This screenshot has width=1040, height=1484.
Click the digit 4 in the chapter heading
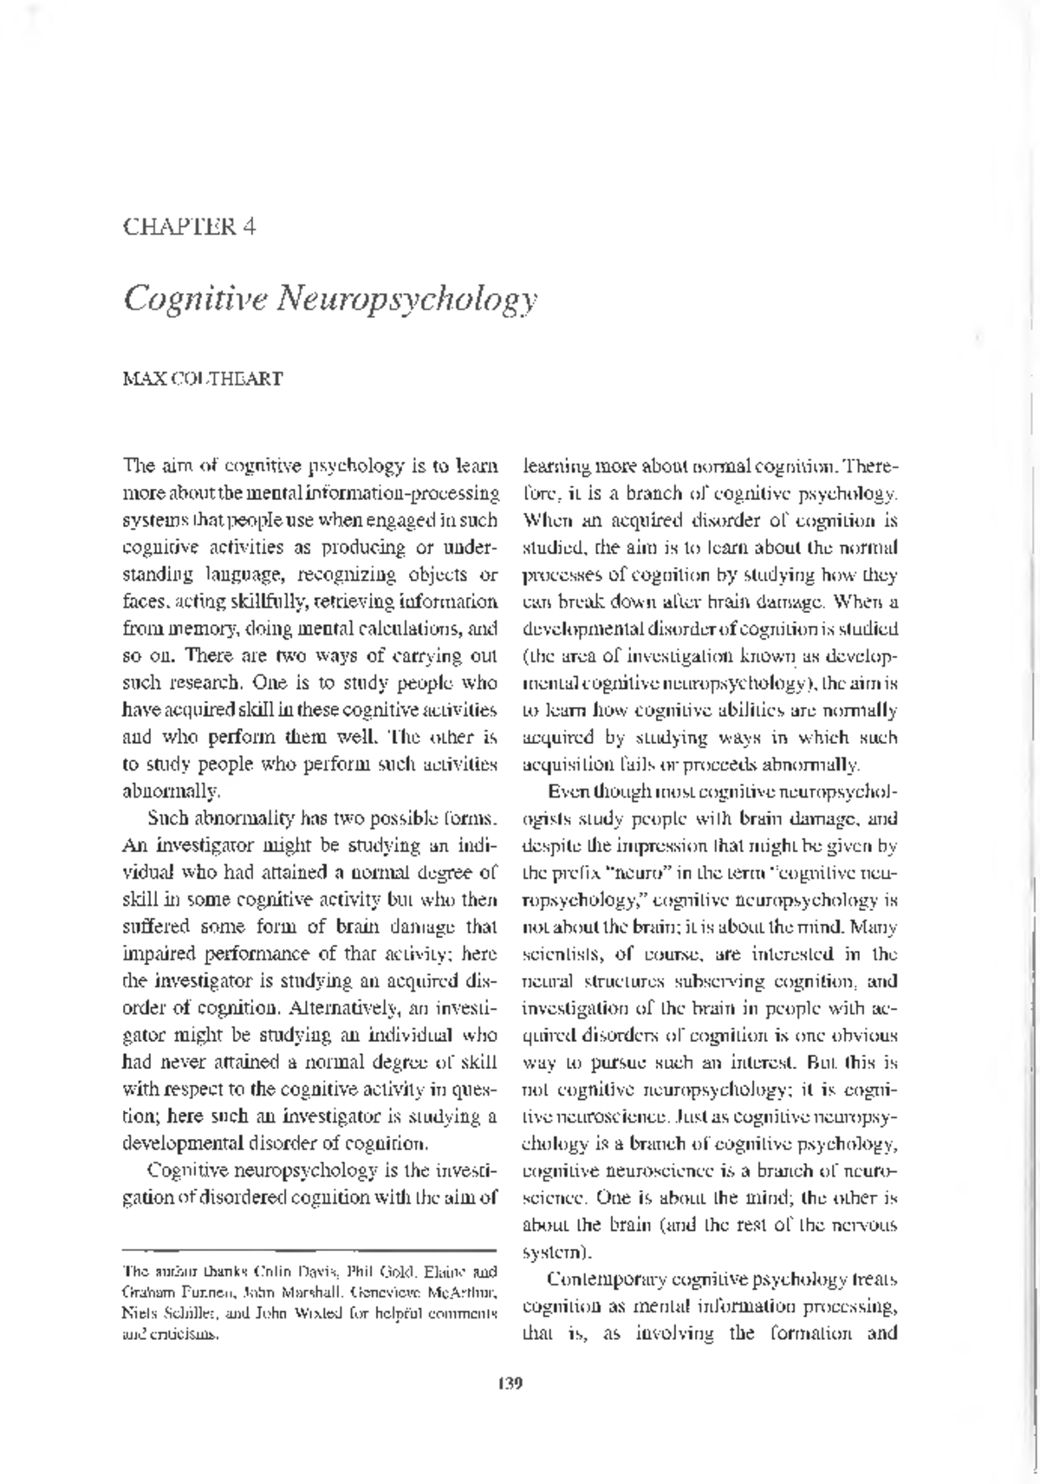[x=249, y=227]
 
